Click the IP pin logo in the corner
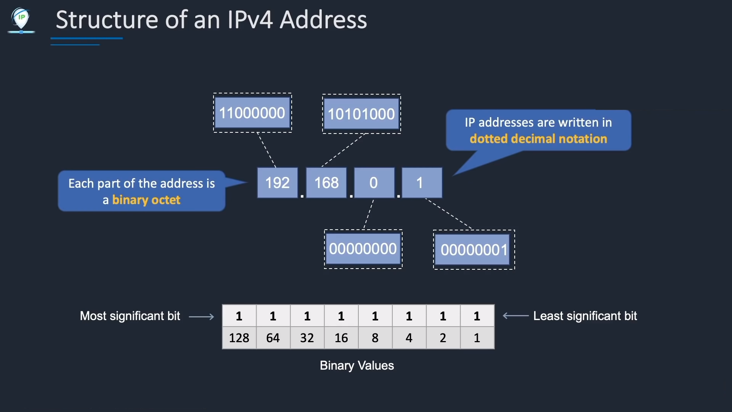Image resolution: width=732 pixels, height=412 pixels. pyautogui.click(x=21, y=21)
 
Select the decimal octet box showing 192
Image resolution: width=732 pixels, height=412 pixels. pyautogui.click(x=278, y=183)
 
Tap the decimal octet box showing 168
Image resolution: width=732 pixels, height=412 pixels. pyautogui.click(x=326, y=183)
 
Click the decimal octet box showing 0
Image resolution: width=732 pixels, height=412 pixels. pyautogui.click(x=374, y=183)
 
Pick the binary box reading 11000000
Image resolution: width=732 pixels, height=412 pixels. pyautogui.click(x=252, y=113)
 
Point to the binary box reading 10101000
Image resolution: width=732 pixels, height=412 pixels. pyautogui.click(x=361, y=114)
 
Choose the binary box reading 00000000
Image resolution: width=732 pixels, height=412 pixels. pyautogui.click(x=363, y=249)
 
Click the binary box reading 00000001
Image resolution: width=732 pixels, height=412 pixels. pyautogui.click(x=474, y=250)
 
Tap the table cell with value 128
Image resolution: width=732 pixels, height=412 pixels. pyautogui.click(x=239, y=338)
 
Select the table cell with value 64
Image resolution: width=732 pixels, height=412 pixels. pyautogui.click(x=273, y=338)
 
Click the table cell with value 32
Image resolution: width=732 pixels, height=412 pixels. pyautogui.click(x=307, y=338)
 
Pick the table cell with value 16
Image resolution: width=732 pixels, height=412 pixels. pyautogui.click(x=341, y=338)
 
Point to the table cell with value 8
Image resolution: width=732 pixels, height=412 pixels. pyautogui.click(x=375, y=338)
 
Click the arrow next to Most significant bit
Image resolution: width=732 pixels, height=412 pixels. pyautogui.click(x=202, y=317)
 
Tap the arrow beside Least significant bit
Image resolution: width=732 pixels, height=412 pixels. pyautogui.click(x=516, y=316)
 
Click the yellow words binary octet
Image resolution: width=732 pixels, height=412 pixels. pyautogui.click(x=146, y=200)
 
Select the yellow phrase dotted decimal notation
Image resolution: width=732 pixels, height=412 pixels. pyautogui.click(x=538, y=138)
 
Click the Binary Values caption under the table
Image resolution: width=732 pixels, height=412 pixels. pyautogui.click(x=357, y=365)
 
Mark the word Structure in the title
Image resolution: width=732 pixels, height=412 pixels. pyautogui.click(x=107, y=20)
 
